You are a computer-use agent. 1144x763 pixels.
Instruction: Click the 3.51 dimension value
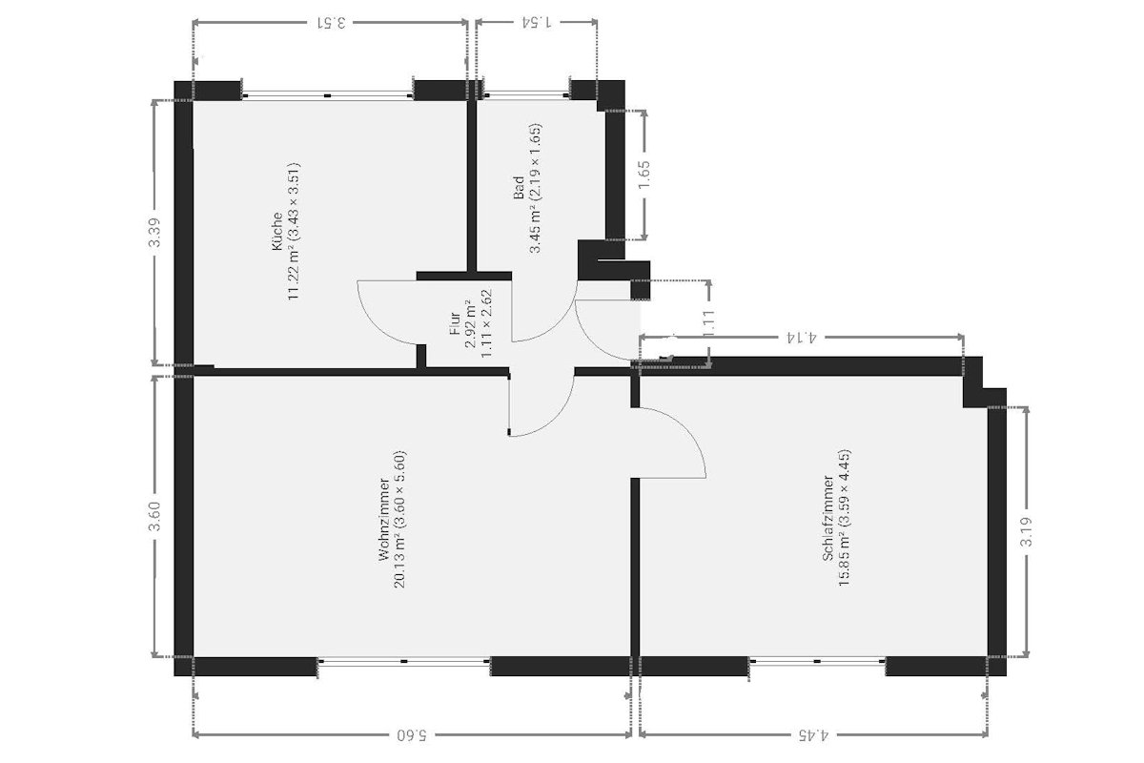[331, 23]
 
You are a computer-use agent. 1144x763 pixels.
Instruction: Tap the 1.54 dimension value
[536, 22]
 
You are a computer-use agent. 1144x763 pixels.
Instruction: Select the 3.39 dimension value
[154, 233]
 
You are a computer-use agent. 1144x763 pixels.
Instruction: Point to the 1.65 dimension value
[644, 175]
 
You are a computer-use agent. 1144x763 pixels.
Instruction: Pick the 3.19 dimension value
[1026, 532]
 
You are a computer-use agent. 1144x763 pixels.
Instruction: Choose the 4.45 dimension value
[813, 735]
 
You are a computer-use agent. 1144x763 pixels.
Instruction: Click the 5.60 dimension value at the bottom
[412, 735]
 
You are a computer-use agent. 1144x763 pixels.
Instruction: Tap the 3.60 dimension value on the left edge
[154, 516]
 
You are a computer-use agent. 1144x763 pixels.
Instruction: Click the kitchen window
[327, 95]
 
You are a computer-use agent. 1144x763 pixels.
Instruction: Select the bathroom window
[526, 95]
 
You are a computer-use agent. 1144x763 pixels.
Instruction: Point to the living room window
[404, 662]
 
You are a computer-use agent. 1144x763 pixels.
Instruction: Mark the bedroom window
[817, 662]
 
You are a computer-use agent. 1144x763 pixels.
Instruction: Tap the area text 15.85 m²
[845, 561]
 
